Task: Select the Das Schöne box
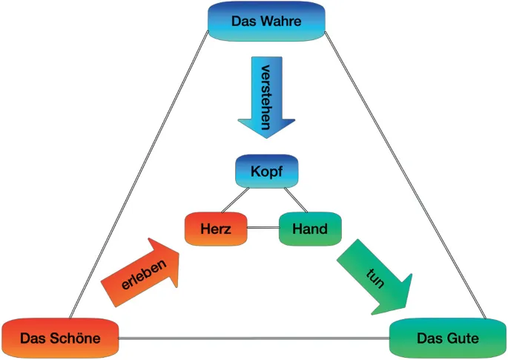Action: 60,338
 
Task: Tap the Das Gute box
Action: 447,338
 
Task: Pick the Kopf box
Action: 266,172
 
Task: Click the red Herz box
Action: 216,229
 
